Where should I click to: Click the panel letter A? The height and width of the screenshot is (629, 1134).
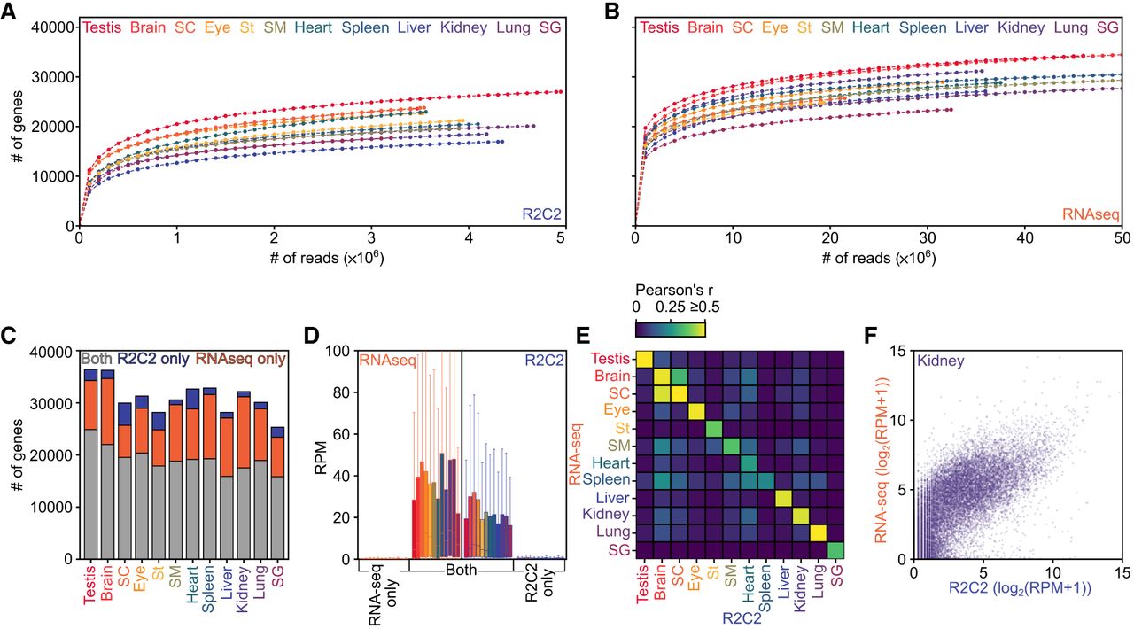click(x=8, y=12)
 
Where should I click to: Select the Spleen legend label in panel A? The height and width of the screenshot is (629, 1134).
click(x=365, y=28)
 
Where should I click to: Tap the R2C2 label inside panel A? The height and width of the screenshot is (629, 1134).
click(x=541, y=214)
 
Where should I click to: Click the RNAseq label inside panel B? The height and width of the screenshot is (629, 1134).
click(x=1091, y=214)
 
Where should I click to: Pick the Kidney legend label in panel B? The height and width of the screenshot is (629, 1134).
click(x=1021, y=28)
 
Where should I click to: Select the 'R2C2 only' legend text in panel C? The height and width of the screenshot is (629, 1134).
click(x=153, y=359)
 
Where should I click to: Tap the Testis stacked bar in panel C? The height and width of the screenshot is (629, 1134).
click(x=90, y=464)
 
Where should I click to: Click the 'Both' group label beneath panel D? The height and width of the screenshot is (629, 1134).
click(x=462, y=571)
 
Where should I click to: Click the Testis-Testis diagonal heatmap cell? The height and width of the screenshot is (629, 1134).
click(x=644, y=360)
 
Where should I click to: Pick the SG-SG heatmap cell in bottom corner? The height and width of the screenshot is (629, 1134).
click(x=835, y=550)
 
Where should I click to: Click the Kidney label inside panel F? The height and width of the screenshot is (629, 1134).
click(x=940, y=361)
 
